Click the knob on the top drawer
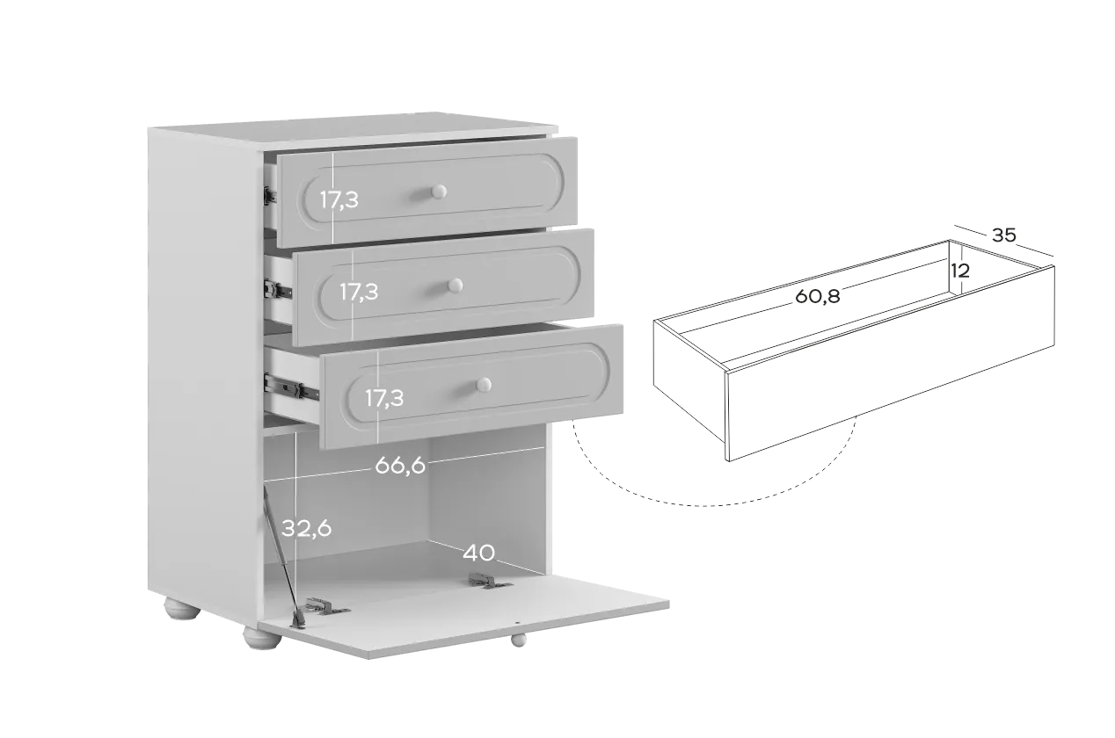point(439,192)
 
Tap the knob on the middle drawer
point(455,286)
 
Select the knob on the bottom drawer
point(484,385)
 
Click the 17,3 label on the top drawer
point(339,200)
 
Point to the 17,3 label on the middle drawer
point(359,292)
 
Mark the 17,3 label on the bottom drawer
point(384,398)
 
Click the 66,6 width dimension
point(400,466)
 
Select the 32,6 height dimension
point(307,528)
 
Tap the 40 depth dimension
point(479,553)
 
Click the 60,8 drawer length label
point(817,296)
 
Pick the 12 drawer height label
point(960,271)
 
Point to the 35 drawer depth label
point(1003,235)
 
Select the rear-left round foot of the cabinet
point(182,608)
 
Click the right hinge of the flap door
point(489,581)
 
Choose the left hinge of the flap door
point(326,606)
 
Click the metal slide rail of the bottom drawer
point(292,387)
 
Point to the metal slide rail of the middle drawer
point(278,289)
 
